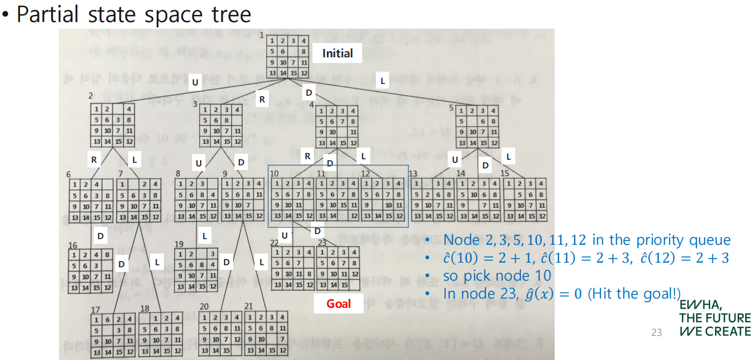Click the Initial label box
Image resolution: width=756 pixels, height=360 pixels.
tap(338, 53)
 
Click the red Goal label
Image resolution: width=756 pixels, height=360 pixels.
tap(339, 304)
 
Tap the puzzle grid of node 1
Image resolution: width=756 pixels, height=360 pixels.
tap(288, 57)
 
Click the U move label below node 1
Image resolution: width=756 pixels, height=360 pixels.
tap(195, 82)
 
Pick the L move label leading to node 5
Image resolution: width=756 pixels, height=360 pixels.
tap(382, 80)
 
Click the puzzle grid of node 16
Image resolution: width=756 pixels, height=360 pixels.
tap(90, 271)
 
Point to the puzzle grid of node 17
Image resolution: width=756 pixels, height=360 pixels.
tap(113, 335)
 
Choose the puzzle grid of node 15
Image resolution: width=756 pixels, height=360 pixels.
tap(524, 200)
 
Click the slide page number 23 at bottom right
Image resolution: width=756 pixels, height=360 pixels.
tap(657, 333)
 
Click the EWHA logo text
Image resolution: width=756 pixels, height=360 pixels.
tap(715, 318)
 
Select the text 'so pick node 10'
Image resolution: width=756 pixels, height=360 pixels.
tap(497, 276)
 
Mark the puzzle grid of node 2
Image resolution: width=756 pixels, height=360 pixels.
tap(113, 124)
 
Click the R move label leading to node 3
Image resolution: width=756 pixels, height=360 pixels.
tap(262, 99)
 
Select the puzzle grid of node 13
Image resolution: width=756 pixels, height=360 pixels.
tap(433, 200)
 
